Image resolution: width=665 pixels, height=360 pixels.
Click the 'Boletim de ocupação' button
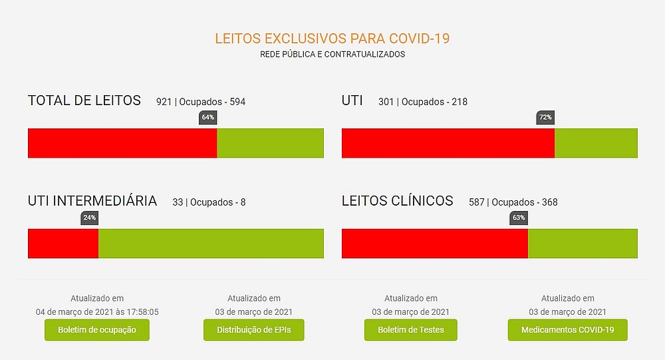pos(97,330)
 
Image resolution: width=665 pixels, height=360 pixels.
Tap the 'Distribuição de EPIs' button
pos(255,330)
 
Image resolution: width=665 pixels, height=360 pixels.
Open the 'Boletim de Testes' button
pos(411,330)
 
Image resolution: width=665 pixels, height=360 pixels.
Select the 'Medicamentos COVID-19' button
pos(567,330)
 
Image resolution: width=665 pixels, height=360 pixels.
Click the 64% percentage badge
pos(208,118)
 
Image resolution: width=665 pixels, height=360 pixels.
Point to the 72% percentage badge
pos(545,118)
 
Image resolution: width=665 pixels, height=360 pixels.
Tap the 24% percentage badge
pos(89,218)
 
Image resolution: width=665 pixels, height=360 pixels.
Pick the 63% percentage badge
pos(519,218)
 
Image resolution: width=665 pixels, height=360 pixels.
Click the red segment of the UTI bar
pos(448,143)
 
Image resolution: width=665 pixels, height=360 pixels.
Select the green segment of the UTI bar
pos(596,143)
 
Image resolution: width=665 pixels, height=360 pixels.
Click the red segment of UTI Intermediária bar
pos(63,244)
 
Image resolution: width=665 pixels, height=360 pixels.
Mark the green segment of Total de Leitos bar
pos(270,143)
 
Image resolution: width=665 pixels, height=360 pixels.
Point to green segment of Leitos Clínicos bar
pos(583,244)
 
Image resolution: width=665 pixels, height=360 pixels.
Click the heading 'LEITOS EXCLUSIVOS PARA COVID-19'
pos(332,38)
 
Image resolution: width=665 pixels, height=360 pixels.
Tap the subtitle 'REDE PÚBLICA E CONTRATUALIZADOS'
pos(332,55)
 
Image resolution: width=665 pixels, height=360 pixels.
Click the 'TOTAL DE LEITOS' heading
pos(84,100)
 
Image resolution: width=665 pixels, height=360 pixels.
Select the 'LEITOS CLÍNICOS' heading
pos(398,201)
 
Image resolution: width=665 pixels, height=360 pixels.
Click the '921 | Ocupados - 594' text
pos(201,102)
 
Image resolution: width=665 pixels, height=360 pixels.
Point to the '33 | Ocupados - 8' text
pos(209,202)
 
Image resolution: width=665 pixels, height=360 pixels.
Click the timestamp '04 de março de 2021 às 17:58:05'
pos(97,311)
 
